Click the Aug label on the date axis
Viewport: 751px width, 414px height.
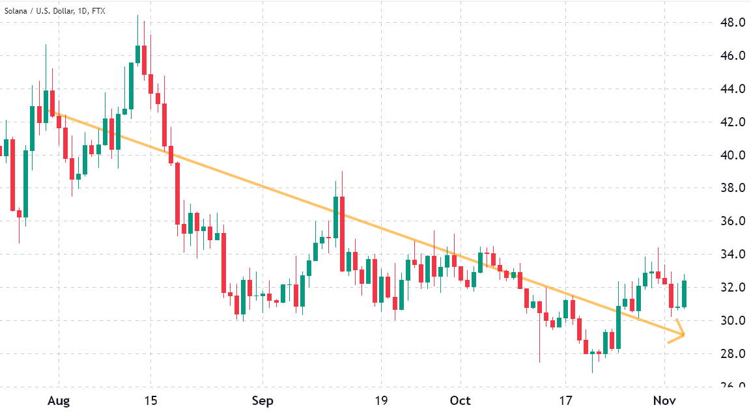[58, 400]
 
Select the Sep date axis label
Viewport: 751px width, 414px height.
[262, 400]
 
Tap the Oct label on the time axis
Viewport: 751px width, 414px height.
[460, 400]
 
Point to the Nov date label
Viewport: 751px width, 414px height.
[664, 400]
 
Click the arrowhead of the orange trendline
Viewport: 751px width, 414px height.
[682, 334]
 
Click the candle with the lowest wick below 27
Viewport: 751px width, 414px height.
[592, 353]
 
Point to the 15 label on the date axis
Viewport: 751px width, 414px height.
[150, 400]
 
